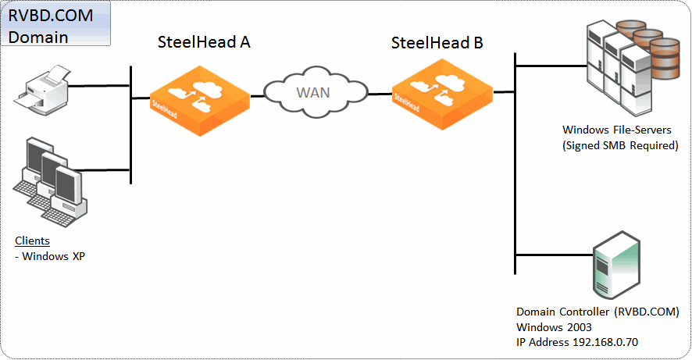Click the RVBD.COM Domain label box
point(55,23)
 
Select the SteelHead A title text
point(204,42)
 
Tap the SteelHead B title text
point(437,43)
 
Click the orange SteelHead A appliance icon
point(200,101)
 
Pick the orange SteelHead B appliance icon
point(442,94)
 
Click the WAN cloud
point(316,92)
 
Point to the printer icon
point(41,91)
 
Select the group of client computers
point(50,182)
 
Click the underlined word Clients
point(32,241)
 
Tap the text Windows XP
point(53,256)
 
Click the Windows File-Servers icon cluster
point(633,67)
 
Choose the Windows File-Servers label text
point(616,130)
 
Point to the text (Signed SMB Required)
point(620,145)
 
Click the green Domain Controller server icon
point(616,265)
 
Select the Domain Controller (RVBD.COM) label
point(597,312)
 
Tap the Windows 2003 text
point(554,327)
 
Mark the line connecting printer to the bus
point(99,86)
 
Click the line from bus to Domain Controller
point(554,255)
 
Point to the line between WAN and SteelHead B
point(380,94)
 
